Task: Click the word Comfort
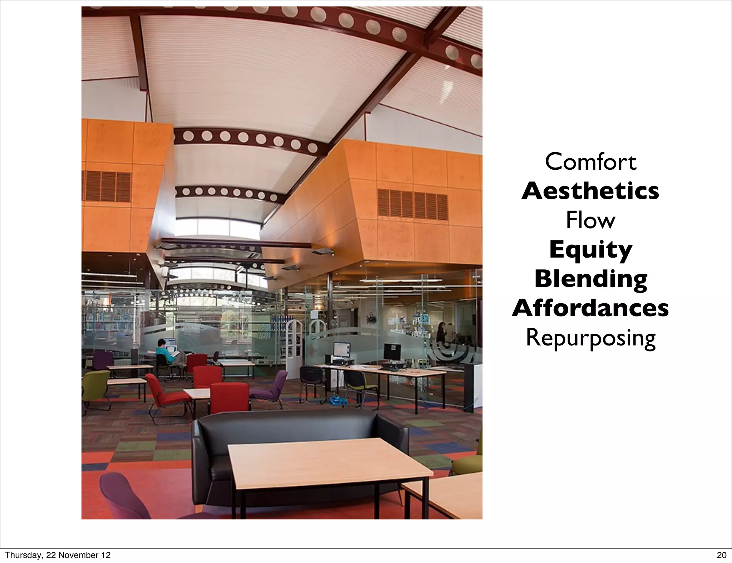click(590, 162)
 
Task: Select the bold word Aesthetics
click(590, 191)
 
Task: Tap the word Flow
click(590, 220)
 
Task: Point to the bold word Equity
click(590, 250)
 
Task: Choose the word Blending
click(590, 279)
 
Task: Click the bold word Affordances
click(590, 308)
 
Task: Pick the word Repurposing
click(590, 338)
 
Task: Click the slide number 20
click(722, 555)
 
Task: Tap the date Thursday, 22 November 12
click(58, 555)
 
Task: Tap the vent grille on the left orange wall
click(107, 186)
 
